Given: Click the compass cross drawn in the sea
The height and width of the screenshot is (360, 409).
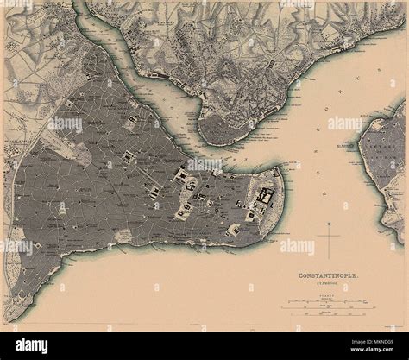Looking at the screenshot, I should [329, 233].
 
